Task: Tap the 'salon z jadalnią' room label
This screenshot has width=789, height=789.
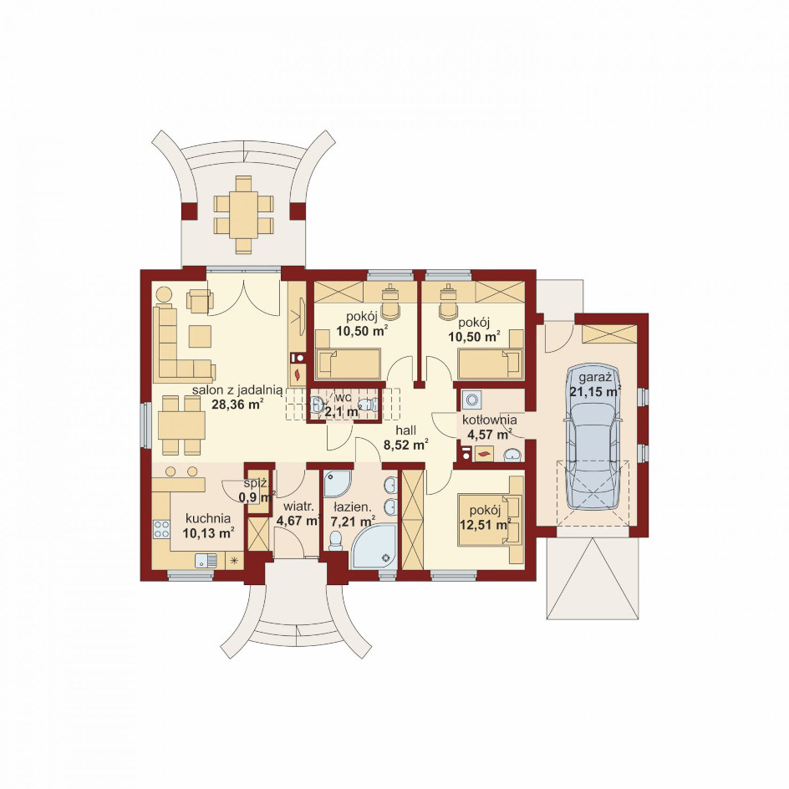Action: [x=237, y=390]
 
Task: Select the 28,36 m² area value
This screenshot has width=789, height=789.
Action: [x=238, y=404]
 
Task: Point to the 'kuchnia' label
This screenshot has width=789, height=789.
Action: [x=208, y=518]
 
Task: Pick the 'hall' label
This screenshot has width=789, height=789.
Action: [x=405, y=430]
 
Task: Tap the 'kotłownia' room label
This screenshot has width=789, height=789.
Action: [x=489, y=420]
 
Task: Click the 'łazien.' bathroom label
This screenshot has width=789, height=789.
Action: [x=351, y=506]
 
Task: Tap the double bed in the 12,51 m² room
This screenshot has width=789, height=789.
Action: [x=490, y=521]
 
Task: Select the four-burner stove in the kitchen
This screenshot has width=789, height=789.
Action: [x=161, y=529]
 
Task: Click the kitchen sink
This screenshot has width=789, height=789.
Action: [x=206, y=560]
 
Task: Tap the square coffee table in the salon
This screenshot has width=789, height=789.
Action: [x=201, y=336]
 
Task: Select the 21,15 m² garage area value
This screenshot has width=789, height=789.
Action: [x=595, y=391]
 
